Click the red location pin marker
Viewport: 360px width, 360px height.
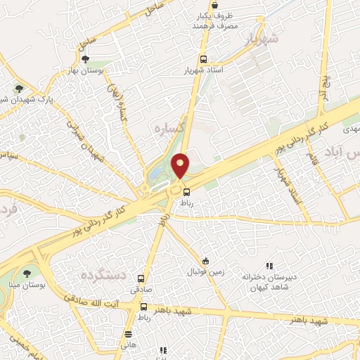pyautogui.click(x=181, y=165)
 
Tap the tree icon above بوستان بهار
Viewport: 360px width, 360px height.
pyautogui.click(x=86, y=60)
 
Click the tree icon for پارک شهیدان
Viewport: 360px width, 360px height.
pyautogui.click(x=19, y=89)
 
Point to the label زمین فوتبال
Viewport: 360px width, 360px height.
pyautogui.click(x=204, y=271)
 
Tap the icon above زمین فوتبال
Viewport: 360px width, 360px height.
pyautogui.click(x=205, y=261)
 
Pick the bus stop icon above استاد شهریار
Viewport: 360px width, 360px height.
pyautogui.click(x=203, y=60)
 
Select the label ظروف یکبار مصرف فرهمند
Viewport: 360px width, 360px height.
pyautogui.click(x=216, y=19)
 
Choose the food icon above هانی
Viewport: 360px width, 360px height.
pyautogui.click(x=128, y=334)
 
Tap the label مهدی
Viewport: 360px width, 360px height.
pyautogui.click(x=349, y=131)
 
